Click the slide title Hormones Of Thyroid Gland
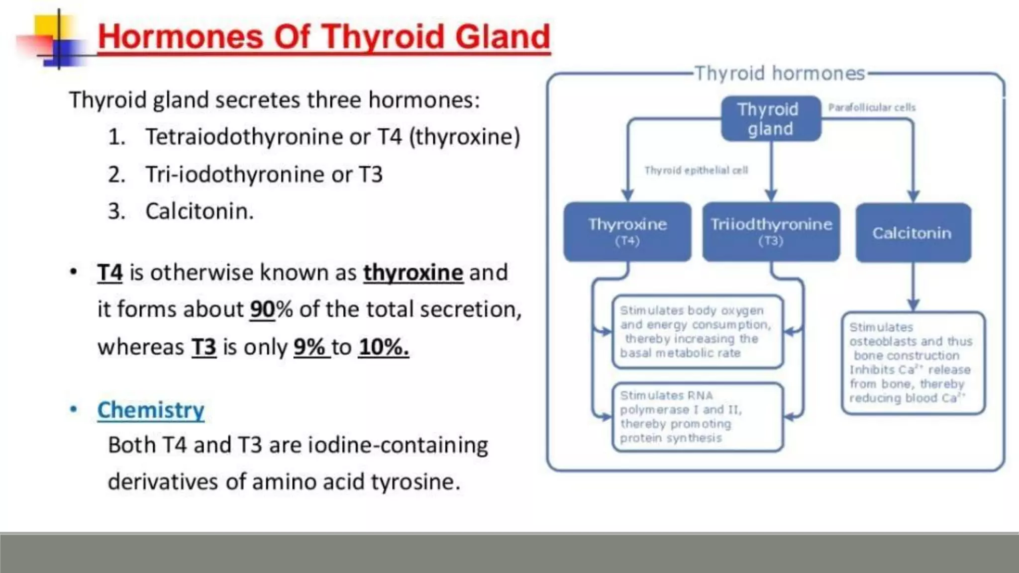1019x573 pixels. [x=324, y=37]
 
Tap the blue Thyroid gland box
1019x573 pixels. [x=770, y=119]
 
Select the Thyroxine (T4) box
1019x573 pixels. [x=627, y=232]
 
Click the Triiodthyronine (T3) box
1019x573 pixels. [x=771, y=232]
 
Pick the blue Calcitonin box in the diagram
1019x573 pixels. [x=913, y=233]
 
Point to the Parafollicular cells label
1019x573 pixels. [x=872, y=107]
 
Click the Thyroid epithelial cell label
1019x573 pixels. [x=696, y=171]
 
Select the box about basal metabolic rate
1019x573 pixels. [x=697, y=332]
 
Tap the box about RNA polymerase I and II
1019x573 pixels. [x=697, y=417]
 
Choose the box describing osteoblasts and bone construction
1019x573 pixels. [x=913, y=363]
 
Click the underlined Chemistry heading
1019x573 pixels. [x=151, y=410]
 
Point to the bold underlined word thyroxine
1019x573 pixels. [x=413, y=273]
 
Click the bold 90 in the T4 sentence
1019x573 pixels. [x=262, y=309]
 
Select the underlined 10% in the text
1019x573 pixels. [x=384, y=347]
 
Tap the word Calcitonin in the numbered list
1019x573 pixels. [x=199, y=211]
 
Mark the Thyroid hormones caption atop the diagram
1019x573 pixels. [x=779, y=74]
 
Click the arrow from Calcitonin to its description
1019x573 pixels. [x=913, y=287]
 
